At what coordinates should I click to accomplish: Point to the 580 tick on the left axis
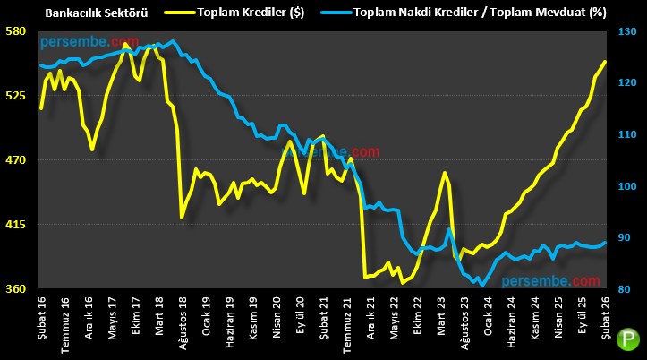pyautogui.click(x=15, y=31)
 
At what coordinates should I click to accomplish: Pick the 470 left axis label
pyautogui.click(x=15, y=160)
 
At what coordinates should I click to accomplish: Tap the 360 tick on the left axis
pyautogui.click(x=15, y=289)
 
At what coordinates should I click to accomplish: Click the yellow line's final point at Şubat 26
pyautogui.click(x=605, y=61)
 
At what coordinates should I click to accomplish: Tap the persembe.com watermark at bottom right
pyautogui.click(x=546, y=281)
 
